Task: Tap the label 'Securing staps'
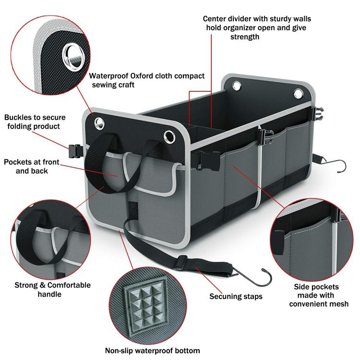[236, 296]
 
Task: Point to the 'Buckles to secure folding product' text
[35, 122]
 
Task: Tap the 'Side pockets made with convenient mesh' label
[315, 295]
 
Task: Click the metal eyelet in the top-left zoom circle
[73, 51]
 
